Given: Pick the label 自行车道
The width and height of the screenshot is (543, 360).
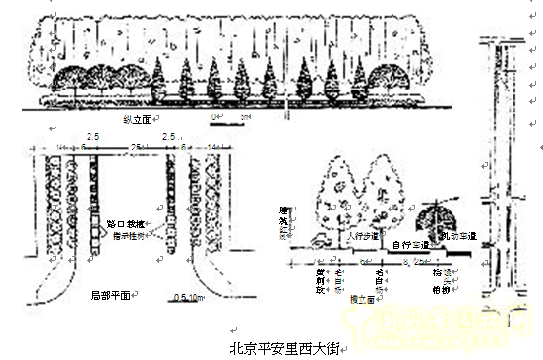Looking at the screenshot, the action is [410, 244].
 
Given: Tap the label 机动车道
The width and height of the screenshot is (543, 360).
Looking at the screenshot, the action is [457, 236].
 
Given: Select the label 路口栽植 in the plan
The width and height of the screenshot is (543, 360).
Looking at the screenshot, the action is [125, 224].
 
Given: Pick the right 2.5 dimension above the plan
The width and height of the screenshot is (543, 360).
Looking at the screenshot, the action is [168, 134].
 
